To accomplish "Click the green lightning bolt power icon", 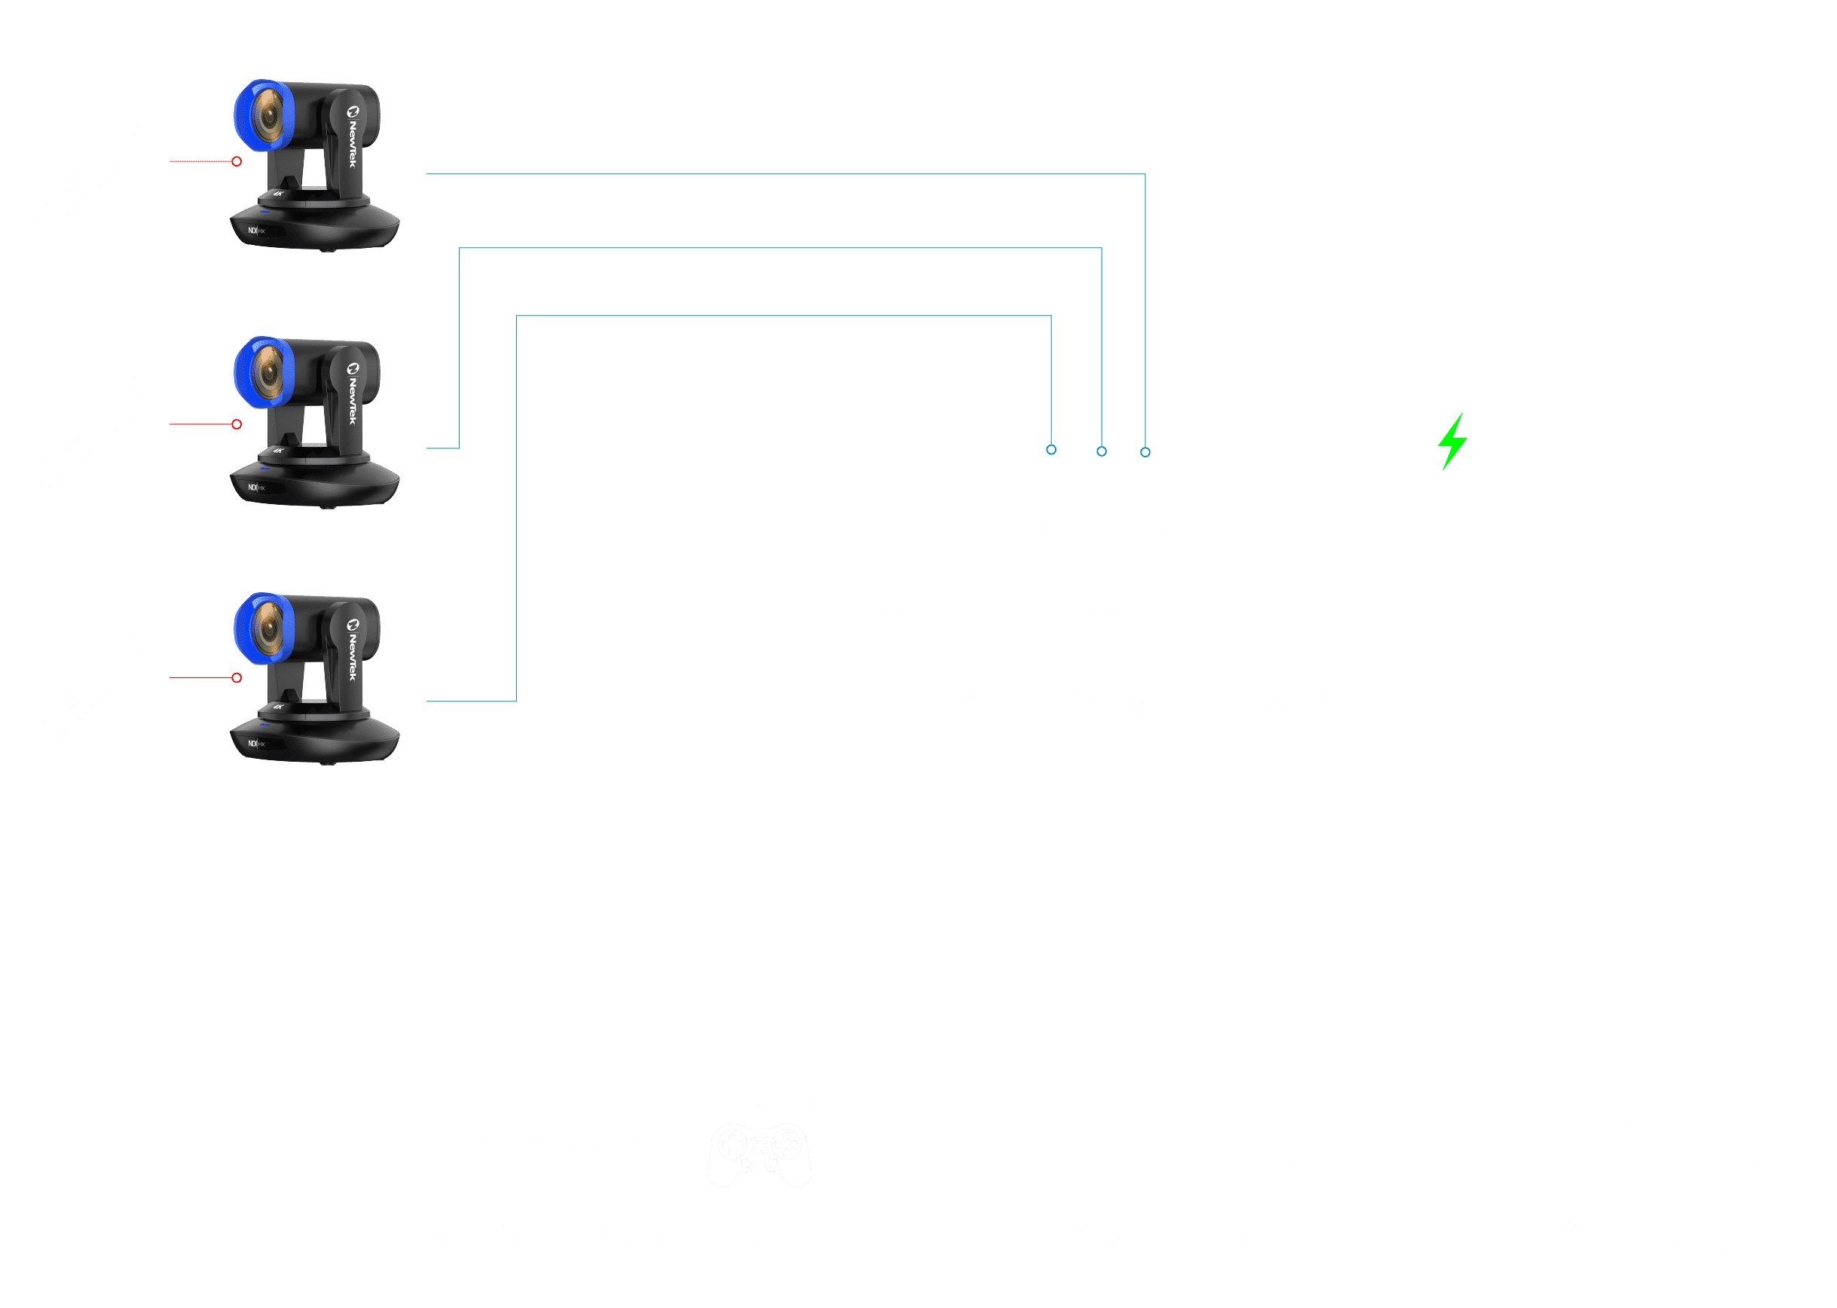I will click(x=1452, y=442).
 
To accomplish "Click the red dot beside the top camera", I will click(x=237, y=162).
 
